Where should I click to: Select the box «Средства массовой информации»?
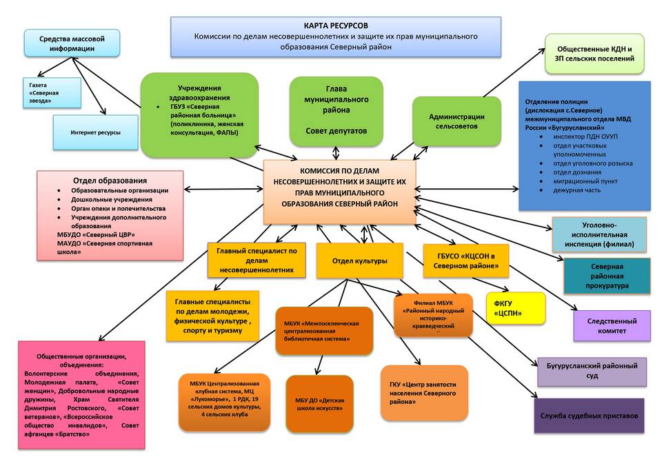[72, 43]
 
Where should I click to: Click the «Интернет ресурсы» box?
[95, 132]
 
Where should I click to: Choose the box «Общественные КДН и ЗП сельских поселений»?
[594, 54]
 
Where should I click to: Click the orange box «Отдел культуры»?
[359, 261]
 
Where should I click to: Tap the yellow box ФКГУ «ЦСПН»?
[514, 308]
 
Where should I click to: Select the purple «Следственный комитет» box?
[612, 325]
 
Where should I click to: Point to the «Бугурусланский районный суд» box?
[592, 372]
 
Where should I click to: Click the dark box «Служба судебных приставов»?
[589, 416]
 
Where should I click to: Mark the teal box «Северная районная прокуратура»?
[607, 276]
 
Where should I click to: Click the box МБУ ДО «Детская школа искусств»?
[319, 404]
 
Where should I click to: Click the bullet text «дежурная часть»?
[576, 190]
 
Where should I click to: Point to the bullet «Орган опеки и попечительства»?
[118, 208]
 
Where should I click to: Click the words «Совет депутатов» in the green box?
[337, 130]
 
